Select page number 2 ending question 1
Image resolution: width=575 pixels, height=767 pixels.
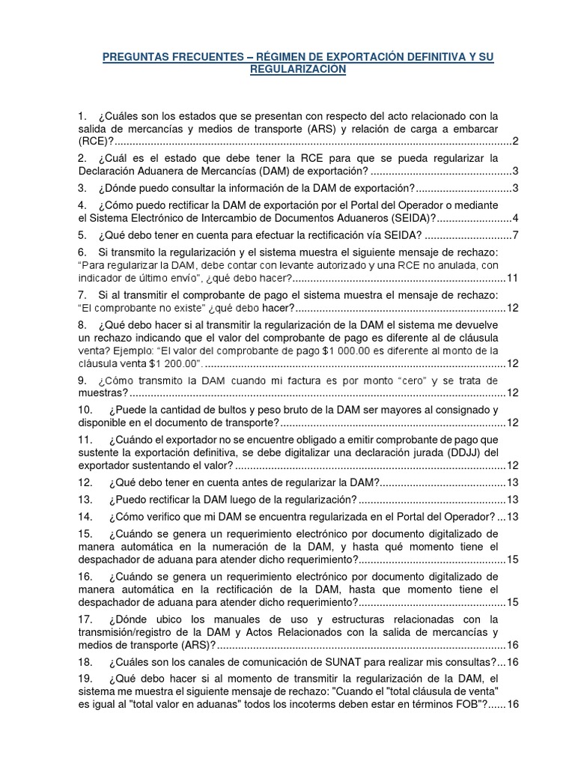tap(516, 141)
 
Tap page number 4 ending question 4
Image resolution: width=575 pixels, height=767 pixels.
tap(516, 218)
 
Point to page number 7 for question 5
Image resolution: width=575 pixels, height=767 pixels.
tap(516, 236)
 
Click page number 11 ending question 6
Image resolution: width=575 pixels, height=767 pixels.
tap(513, 278)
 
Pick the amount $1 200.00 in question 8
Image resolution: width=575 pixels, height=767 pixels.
tap(174, 363)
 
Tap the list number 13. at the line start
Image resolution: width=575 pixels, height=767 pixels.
tap(85, 500)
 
